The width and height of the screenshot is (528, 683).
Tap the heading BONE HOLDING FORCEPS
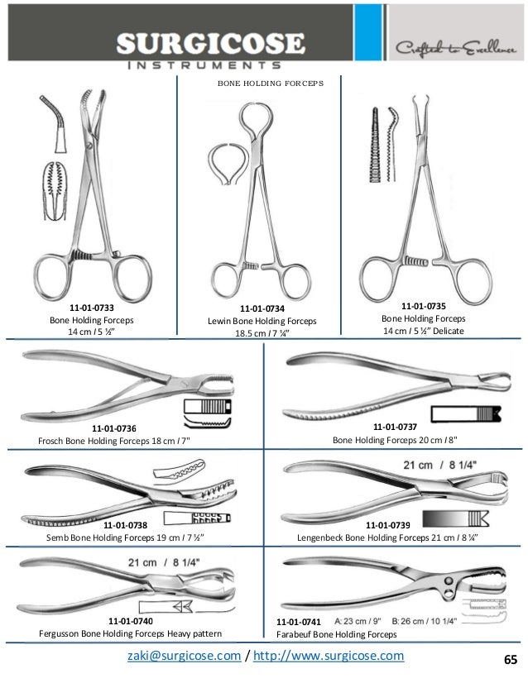[x=263, y=84]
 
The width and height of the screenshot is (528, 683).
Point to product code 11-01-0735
[x=423, y=304]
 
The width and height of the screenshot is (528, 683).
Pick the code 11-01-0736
[x=114, y=427]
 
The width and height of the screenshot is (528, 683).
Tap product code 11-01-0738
[x=125, y=524]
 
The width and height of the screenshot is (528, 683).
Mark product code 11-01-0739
[x=386, y=524]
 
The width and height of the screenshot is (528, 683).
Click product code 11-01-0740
[x=131, y=620]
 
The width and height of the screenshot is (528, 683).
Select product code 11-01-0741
[x=298, y=621]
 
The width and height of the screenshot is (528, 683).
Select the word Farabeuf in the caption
[x=297, y=634]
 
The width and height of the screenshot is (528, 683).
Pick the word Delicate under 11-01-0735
[x=447, y=332]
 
